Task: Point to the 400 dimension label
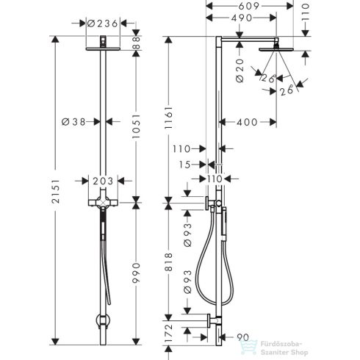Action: [x=248, y=121]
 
